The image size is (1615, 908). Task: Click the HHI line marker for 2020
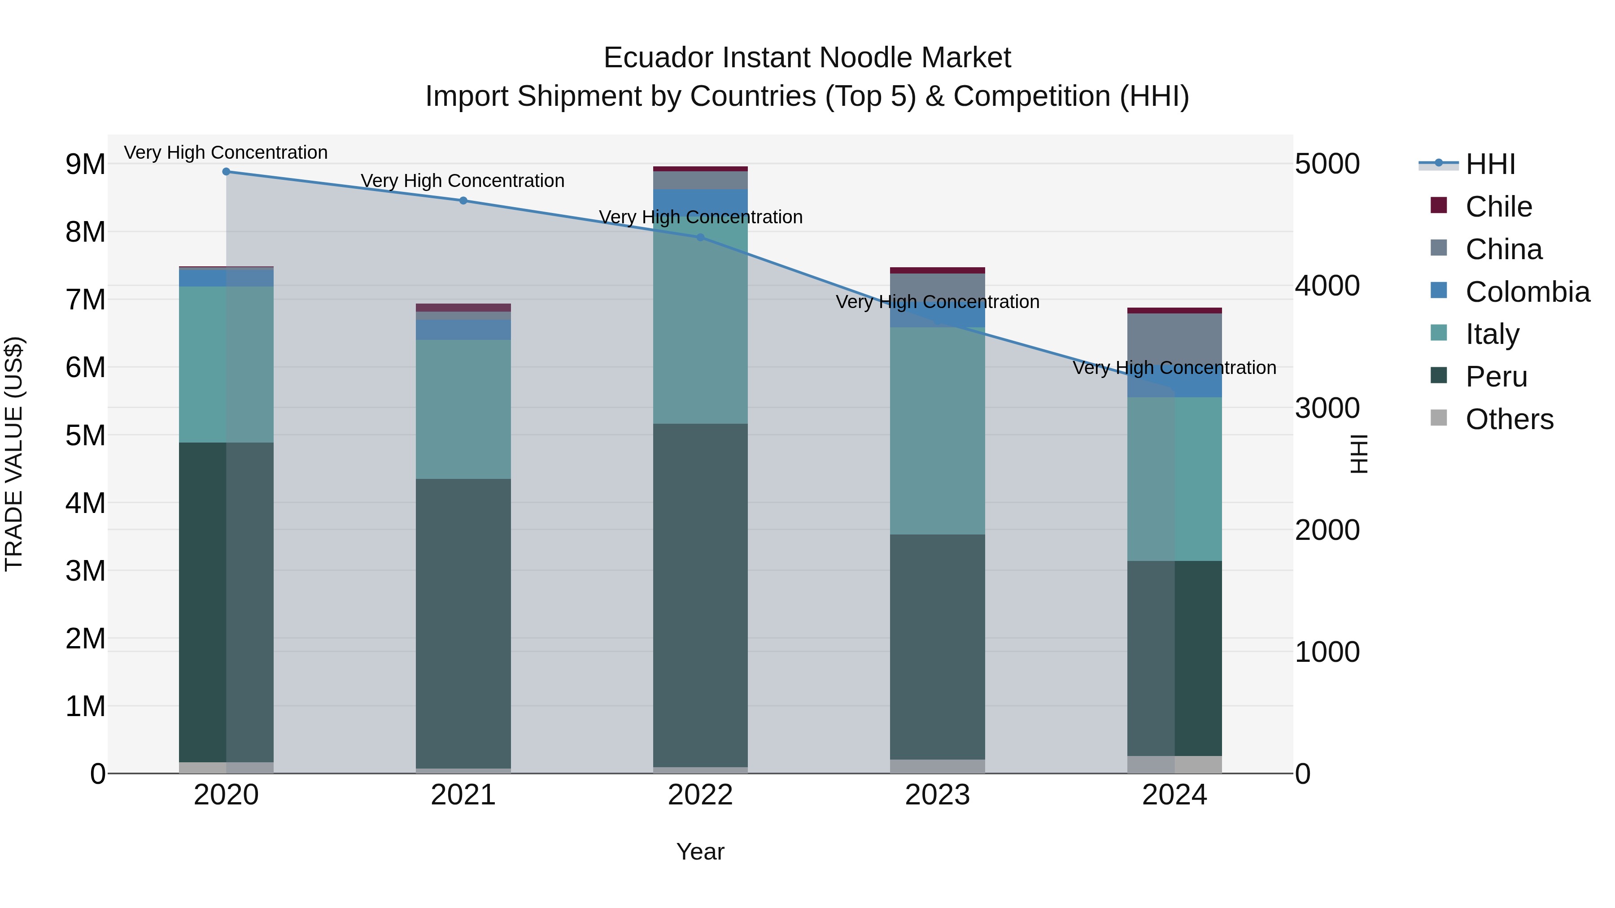[227, 172]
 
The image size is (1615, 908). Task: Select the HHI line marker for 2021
[463, 200]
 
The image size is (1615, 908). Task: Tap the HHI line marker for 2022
[700, 238]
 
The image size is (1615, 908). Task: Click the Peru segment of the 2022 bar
[700, 595]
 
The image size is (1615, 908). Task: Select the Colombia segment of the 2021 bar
[463, 330]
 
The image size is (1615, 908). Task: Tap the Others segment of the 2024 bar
[1174, 765]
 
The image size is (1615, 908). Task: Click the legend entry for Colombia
[1527, 292]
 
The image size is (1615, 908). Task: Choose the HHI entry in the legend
[1489, 164]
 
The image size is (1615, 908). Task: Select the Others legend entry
[1509, 419]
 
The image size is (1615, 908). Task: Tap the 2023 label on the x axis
[937, 795]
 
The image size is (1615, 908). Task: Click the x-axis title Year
[700, 852]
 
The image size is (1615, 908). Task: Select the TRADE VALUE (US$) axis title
[14, 454]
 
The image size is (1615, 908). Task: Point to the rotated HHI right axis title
[1358, 454]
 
